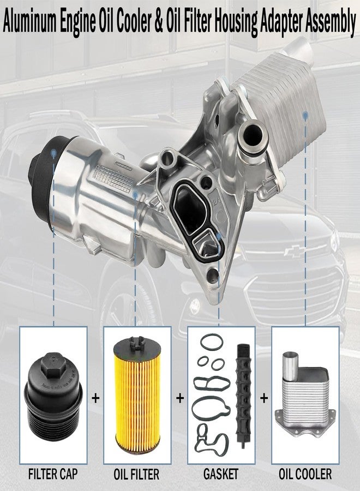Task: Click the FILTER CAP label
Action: click(x=53, y=474)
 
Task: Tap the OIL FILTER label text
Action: click(x=136, y=474)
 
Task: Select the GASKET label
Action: click(x=221, y=474)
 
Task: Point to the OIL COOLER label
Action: click(x=305, y=474)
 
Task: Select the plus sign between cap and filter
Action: click(x=95, y=398)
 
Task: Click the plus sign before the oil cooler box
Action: click(x=264, y=398)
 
